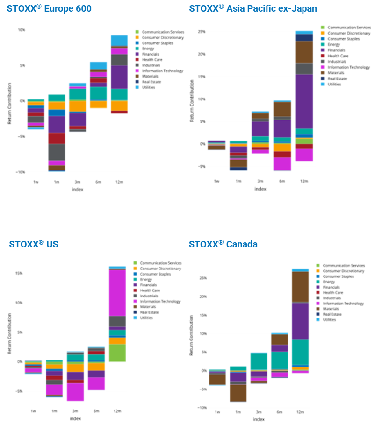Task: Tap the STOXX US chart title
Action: pyautogui.click(x=33, y=244)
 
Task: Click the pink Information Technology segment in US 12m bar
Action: pyautogui.click(x=117, y=293)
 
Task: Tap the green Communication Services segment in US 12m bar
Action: pyautogui.click(x=117, y=353)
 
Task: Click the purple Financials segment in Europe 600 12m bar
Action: pyautogui.click(x=119, y=77)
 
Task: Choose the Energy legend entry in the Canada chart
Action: pyautogui.click(x=329, y=282)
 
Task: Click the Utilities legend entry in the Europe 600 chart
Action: pyautogui.click(x=149, y=87)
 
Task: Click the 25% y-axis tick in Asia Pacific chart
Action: pyautogui.click(x=202, y=32)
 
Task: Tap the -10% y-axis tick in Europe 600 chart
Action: pyautogui.click(x=22, y=172)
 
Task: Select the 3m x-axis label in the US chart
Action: pyautogui.click(x=75, y=410)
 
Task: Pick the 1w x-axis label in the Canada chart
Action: pyautogui.click(x=217, y=412)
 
